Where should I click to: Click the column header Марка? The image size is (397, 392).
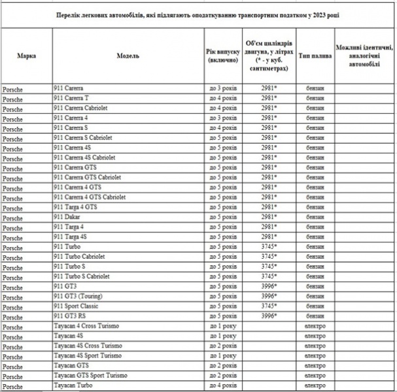coord(26,56)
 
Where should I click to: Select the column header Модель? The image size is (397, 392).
coord(128,56)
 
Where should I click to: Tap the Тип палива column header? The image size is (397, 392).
coord(315,56)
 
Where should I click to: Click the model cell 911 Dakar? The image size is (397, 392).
coord(66,217)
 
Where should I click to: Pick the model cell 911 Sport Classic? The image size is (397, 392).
coord(77,306)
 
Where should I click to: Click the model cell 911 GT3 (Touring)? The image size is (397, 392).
coord(79,296)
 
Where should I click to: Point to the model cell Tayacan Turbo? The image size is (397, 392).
coord(74,385)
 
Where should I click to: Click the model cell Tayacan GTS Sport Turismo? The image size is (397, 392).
coord(90,376)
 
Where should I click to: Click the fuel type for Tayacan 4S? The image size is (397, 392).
coord(315,336)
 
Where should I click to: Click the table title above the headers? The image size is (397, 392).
coord(198,14)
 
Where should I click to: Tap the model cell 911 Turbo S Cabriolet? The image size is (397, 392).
coord(81,276)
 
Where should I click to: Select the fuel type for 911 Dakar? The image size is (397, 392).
coord(315,217)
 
